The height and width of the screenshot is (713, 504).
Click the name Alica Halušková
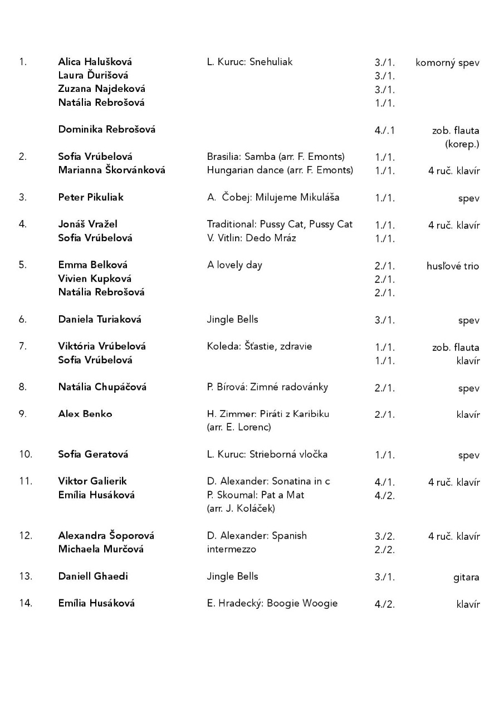coord(95,62)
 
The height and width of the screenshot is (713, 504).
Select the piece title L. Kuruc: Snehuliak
coord(249,62)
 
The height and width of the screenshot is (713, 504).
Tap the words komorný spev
coord(447,63)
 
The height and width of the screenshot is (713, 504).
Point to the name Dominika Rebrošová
coord(107,129)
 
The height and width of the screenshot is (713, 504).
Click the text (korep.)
coord(462,144)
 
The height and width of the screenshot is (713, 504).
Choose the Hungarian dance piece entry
coord(280,170)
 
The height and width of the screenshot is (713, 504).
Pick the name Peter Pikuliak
coord(91,197)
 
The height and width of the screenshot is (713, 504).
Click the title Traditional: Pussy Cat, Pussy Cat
coord(280,224)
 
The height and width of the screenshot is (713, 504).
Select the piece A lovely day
coord(234,265)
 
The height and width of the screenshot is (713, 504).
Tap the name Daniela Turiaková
coord(100,319)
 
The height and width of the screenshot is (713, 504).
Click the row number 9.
coord(23,414)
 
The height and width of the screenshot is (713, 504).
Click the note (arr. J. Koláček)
coord(241,508)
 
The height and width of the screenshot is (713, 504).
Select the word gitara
coord(466,577)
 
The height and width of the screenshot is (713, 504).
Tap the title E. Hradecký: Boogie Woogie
coord(272,603)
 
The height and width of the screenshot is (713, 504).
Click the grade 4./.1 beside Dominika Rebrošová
coord(385,131)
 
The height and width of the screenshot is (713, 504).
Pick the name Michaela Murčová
coord(101,549)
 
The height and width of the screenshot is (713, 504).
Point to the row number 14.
coord(26,603)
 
